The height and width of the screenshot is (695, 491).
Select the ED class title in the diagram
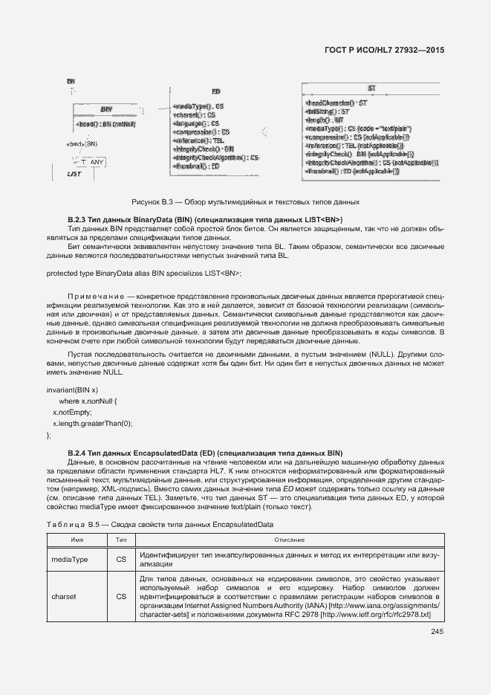point(216,90)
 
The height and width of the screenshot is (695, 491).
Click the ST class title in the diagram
point(371,88)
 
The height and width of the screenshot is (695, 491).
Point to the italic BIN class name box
point(106,109)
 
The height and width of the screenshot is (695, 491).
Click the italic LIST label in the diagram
point(74,174)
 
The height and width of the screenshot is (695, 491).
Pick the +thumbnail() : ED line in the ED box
point(196,167)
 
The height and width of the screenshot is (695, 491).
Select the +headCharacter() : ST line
point(336,102)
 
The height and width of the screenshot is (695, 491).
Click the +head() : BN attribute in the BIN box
point(105,124)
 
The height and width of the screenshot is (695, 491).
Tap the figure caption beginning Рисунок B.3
point(245,201)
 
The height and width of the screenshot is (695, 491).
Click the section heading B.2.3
point(204,219)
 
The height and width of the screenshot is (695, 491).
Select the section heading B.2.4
point(204,453)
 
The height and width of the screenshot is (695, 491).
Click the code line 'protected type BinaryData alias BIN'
point(144,273)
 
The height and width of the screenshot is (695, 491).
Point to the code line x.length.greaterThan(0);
point(92,423)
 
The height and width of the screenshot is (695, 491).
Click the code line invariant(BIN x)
point(72,390)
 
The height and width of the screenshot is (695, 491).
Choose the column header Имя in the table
point(77,539)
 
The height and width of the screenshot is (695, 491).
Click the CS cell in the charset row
point(122,597)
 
